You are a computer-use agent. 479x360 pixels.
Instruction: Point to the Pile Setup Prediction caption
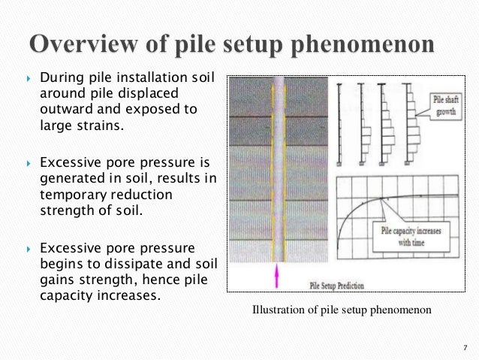click(339, 286)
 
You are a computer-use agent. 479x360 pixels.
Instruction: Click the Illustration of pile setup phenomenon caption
click(343, 310)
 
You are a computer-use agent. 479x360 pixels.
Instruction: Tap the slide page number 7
click(465, 346)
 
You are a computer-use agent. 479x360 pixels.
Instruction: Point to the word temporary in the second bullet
click(69, 194)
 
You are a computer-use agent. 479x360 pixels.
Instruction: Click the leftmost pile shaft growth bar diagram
click(340, 120)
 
